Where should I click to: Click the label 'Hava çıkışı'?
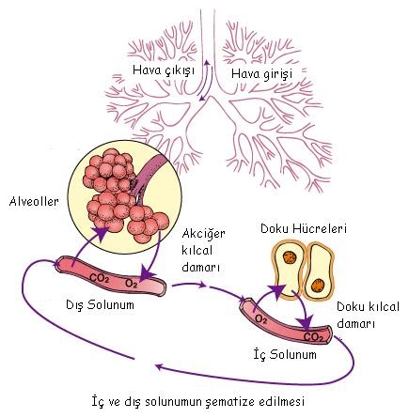(164, 70)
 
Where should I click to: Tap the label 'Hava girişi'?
(261, 74)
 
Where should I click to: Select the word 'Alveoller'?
(34, 201)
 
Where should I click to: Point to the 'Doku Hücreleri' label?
(304, 229)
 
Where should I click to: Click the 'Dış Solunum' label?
(100, 305)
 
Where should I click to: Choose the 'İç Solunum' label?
(285, 354)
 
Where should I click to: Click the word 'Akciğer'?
(204, 234)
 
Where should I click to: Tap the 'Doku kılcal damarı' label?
(368, 315)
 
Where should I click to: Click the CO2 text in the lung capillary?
(100, 278)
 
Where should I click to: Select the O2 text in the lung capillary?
(132, 284)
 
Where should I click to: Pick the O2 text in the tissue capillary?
(260, 319)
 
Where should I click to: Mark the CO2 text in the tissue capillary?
(313, 337)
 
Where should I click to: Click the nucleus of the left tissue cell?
(290, 258)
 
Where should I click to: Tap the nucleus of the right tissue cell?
(318, 285)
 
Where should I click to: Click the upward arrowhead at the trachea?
(207, 62)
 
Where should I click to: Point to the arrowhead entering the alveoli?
(102, 233)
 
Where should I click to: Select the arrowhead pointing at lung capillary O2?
(145, 275)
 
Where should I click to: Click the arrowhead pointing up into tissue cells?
(277, 290)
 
